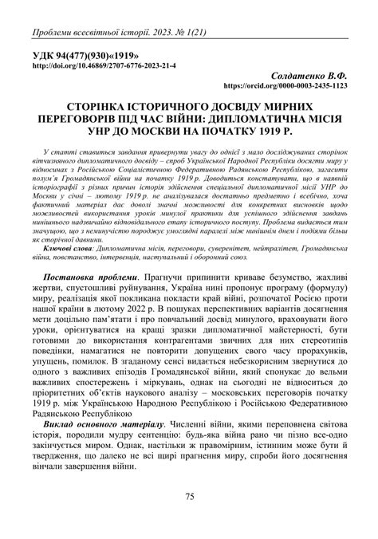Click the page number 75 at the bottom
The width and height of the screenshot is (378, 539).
tap(189, 498)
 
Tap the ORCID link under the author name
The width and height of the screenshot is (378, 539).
tap(286, 83)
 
